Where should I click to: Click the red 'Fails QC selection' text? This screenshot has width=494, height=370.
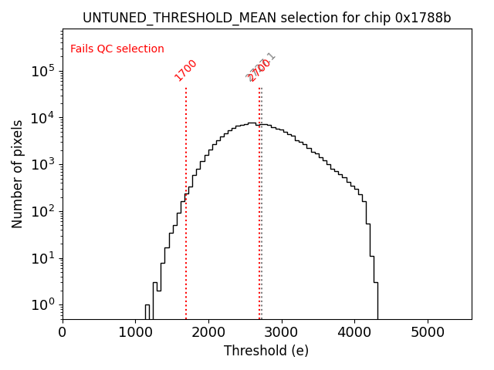(x=117, y=49)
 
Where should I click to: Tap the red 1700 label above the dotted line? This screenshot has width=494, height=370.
(x=185, y=70)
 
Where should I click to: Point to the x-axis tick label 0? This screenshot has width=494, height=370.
(x=63, y=332)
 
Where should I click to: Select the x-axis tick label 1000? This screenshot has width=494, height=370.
(x=136, y=332)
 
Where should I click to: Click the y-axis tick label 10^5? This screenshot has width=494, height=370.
(x=43, y=72)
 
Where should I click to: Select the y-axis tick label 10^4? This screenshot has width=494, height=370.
(x=43, y=118)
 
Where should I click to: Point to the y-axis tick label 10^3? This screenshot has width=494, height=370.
(x=43, y=165)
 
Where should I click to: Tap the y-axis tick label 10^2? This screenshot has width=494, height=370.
(x=43, y=211)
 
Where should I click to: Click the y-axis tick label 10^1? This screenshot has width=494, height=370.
(x=43, y=258)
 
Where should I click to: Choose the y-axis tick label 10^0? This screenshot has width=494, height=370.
(x=43, y=304)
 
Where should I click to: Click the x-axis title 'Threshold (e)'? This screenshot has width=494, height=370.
(x=266, y=351)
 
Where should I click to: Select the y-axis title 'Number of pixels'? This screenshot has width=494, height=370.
(x=18, y=173)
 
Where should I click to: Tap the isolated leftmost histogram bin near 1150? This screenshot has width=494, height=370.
(x=147, y=311)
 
